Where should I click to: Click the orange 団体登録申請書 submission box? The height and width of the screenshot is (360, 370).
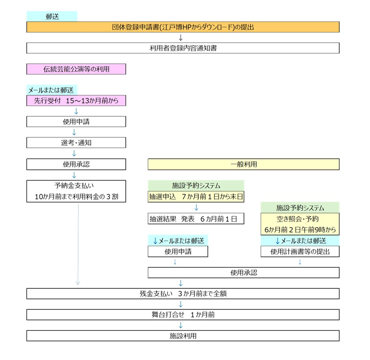[183, 27]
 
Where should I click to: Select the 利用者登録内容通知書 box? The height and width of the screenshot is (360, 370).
[183, 48]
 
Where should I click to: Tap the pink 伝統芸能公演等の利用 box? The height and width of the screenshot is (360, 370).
[76, 69]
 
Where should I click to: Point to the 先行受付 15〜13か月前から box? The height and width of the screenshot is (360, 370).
[76, 101]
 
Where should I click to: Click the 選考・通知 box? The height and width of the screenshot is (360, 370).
[76, 143]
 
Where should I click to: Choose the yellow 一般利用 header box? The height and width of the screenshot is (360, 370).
[243, 164]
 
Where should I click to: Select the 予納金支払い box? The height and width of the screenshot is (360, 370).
[76, 191]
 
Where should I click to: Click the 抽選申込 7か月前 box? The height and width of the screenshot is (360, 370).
[196, 197]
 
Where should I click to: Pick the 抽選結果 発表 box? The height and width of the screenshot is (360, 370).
[196, 218]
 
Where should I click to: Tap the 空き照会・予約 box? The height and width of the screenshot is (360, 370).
[300, 224]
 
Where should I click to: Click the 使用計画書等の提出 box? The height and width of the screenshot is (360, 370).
[300, 252]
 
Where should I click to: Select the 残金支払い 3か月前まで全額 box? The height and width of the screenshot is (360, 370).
[183, 293]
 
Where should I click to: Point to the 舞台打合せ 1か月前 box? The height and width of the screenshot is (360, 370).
[183, 314]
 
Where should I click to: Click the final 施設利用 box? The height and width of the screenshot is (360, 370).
[183, 336]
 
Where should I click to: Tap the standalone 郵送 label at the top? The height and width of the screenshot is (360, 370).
[52, 16]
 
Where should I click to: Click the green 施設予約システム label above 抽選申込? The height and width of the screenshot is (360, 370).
[196, 185]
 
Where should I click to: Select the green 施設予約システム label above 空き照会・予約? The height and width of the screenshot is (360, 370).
[300, 207]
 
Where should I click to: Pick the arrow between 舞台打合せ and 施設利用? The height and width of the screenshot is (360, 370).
[181, 325]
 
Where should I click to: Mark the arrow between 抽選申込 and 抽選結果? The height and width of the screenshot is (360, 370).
[196, 208]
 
